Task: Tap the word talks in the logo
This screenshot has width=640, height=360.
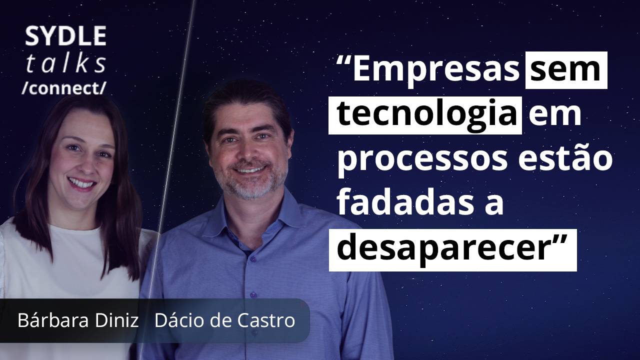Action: coord(66,63)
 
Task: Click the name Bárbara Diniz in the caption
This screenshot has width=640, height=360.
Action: coord(78,320)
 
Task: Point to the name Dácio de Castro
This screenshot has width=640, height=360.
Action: coord(224,320)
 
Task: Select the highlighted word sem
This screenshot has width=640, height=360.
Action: coord(566,70)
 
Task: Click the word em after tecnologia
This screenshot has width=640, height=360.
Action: coord(554,116)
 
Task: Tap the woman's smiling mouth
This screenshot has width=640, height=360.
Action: coord(81,183)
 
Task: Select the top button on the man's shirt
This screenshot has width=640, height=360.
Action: coord(252,259)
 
